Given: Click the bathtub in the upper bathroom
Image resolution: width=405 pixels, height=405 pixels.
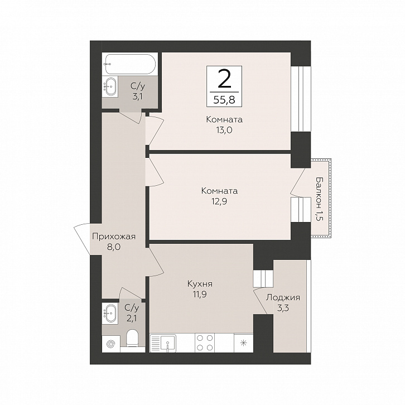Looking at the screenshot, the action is [129, 64].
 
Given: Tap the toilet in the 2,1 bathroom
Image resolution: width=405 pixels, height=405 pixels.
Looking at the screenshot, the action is [133, 338].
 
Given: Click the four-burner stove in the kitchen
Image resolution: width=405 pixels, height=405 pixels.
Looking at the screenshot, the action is [205, 343].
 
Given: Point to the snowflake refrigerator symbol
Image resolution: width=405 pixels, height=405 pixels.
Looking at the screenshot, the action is [243, 343].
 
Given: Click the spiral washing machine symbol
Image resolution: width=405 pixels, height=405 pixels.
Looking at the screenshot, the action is [111, 344].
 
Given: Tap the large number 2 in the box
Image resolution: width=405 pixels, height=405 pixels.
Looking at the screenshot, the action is [224, 79].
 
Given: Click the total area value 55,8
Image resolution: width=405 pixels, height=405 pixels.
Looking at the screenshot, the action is [224, 99].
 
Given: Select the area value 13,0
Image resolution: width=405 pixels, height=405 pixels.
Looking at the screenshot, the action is [224, 130].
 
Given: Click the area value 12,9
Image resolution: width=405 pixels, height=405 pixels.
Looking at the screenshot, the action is [219, 201].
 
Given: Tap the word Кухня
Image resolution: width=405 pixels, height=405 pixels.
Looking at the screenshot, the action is [200, 284].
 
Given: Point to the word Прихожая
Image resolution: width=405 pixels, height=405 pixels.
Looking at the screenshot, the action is [114, 237].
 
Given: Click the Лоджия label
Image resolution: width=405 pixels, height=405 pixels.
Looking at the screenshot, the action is [283, 298].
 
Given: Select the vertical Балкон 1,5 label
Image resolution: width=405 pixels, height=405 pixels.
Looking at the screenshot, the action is [320, 199].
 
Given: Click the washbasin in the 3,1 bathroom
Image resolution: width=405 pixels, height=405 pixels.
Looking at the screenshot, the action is [110, 86].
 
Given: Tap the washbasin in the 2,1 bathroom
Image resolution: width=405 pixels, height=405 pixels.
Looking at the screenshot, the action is [110, 313].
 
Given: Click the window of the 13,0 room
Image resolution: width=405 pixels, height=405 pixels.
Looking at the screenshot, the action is [301, 99].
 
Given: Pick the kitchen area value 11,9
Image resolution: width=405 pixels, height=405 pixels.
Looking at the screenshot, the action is [200, 294].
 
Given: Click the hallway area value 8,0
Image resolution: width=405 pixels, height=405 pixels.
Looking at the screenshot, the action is [114, 247].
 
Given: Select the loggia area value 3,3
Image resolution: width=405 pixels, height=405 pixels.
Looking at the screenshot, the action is [283, 308].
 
